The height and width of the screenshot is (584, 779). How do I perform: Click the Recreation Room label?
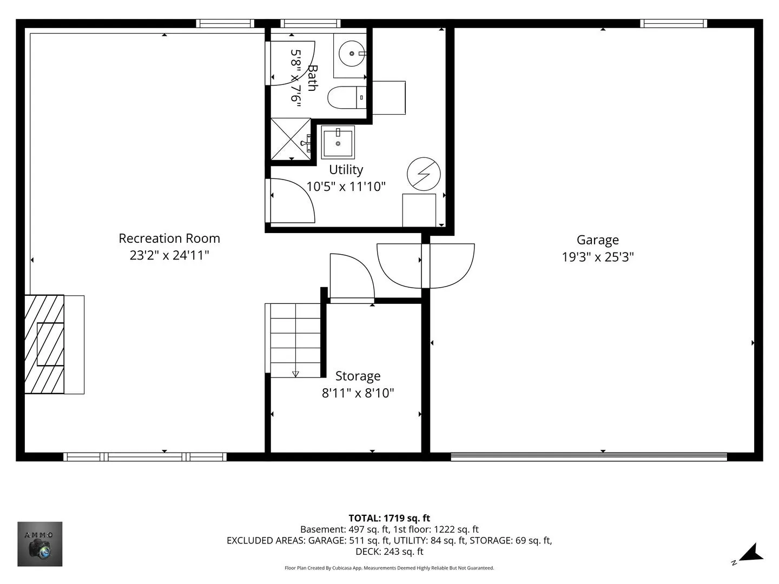[x=169, y=238]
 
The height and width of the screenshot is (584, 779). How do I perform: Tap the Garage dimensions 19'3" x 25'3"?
[x=598, y=257]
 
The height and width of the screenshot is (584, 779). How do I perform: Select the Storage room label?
[x=358, y=376]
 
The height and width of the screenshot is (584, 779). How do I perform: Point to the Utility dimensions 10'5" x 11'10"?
[x=346, y=186]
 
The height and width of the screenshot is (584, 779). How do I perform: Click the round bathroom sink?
[x=352, y=54]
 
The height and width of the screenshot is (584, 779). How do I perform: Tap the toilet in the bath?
[x=347, y=97]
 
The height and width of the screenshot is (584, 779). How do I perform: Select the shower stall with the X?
[x=291, y=139]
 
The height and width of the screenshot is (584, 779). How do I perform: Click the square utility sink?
[x=338, y=142]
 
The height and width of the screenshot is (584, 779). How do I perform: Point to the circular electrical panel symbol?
[x=424, y=174]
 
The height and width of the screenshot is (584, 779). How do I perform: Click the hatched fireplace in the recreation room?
[x=44, y=344]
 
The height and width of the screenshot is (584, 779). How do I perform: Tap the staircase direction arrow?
[x=295, y=374]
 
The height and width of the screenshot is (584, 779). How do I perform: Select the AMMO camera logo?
[x=39, y=544]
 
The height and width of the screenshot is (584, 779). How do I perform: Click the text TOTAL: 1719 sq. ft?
[x=389, y=519]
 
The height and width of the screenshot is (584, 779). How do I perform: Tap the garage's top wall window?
[x=674, y=23]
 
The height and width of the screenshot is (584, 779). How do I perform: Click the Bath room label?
[x=313, y=78]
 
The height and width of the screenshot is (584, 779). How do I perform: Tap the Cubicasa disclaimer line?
[x=389, y=568]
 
